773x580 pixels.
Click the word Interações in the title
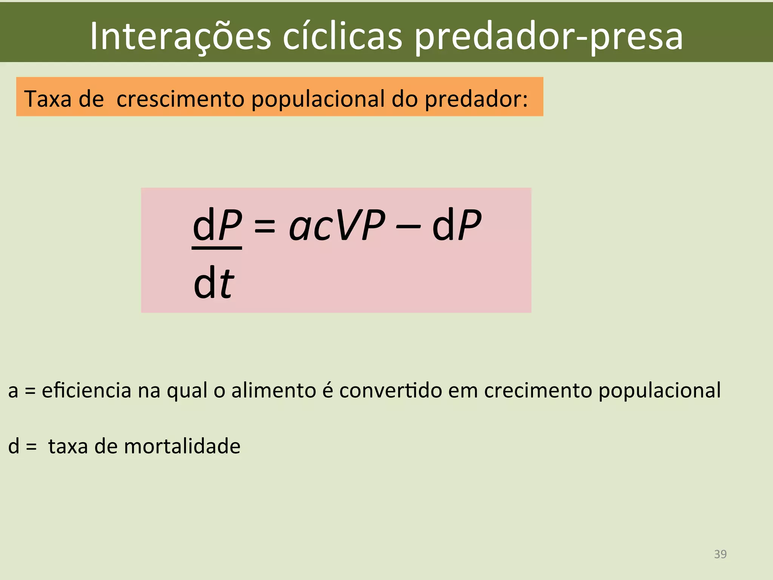point(180,36)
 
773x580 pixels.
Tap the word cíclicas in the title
point(343,36)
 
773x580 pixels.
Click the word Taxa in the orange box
point(48,99)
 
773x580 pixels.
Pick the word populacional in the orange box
point(317,100)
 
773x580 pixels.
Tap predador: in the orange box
point(476,100)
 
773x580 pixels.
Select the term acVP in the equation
point(337,226)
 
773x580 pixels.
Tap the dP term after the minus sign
point(457,225)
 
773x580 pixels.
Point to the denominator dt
point(214,282)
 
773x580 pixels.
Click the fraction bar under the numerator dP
point(217,248)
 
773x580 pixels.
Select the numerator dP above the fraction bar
point(217,225)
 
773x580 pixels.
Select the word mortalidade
point(182,446)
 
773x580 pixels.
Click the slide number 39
point(720,554)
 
